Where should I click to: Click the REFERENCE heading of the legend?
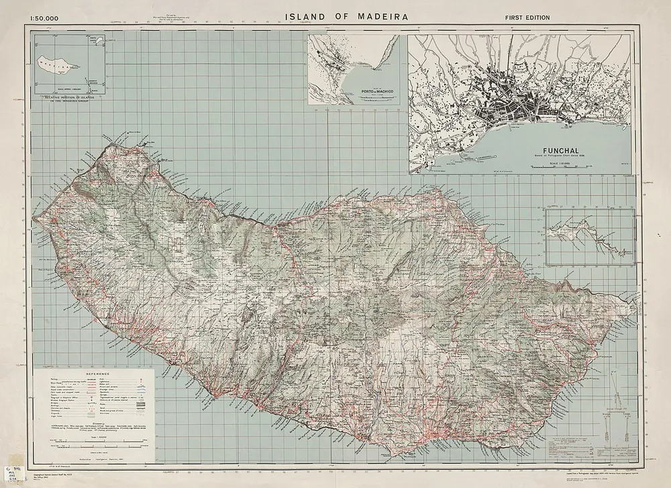[x=93, y=374]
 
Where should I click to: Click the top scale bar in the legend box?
[x=92, y=437]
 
